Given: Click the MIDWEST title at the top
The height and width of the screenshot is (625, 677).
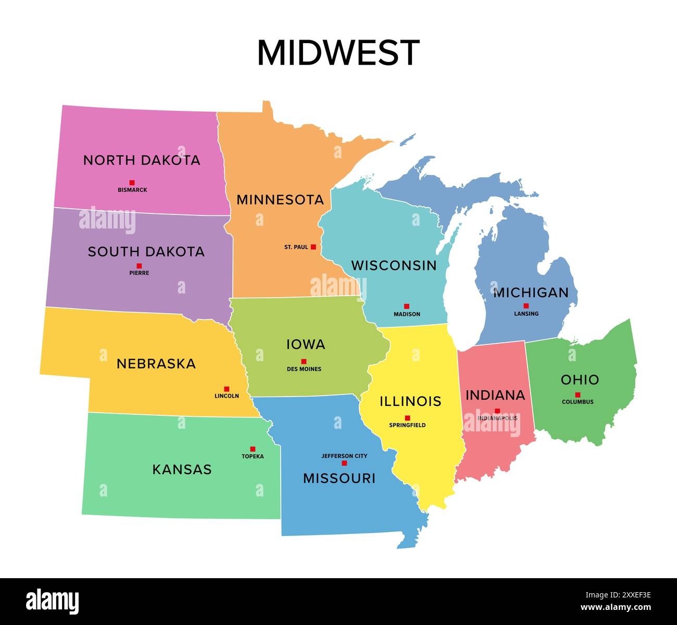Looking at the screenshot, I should (338, 53).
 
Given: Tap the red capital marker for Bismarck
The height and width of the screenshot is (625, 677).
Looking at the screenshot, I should (132, 183).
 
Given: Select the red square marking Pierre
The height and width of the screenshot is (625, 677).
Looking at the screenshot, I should (139, 266).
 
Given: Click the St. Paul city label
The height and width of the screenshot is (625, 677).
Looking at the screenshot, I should (296, 247).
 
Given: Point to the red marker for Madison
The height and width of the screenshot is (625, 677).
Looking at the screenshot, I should (407, 307).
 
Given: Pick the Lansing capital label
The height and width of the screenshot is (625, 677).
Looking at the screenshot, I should (526, 314).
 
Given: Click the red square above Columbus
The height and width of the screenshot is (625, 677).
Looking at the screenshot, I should (578, 394).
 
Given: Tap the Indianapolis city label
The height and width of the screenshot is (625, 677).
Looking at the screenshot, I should (497, 418).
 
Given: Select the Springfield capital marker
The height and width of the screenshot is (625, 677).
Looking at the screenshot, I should (407, 418).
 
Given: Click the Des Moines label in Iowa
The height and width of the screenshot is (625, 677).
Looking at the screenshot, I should (304, 369).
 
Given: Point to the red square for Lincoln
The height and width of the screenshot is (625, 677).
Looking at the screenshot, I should (227, 389).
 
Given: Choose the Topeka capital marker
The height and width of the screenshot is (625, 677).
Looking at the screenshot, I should (253, 449).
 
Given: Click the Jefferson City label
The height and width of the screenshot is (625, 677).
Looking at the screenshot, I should (344, 456).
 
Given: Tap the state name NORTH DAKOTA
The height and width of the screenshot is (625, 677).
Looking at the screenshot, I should (142, 160).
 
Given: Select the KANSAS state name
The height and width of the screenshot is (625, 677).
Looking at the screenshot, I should (182, 469).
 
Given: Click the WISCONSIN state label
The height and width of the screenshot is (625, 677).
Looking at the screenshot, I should (394, 265).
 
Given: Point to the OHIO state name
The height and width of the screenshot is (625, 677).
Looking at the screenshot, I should (580, 380).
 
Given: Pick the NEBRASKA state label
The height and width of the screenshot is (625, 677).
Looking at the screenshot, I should (156, 364).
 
